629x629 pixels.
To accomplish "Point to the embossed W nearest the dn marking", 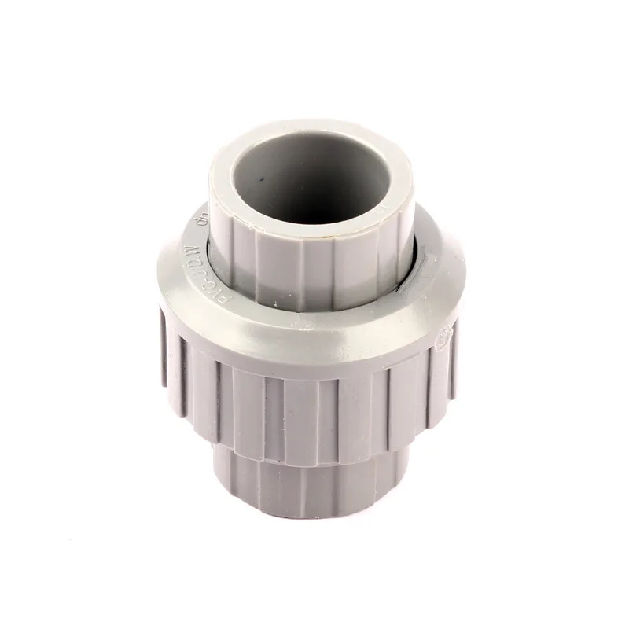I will (x=187, y=238).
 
